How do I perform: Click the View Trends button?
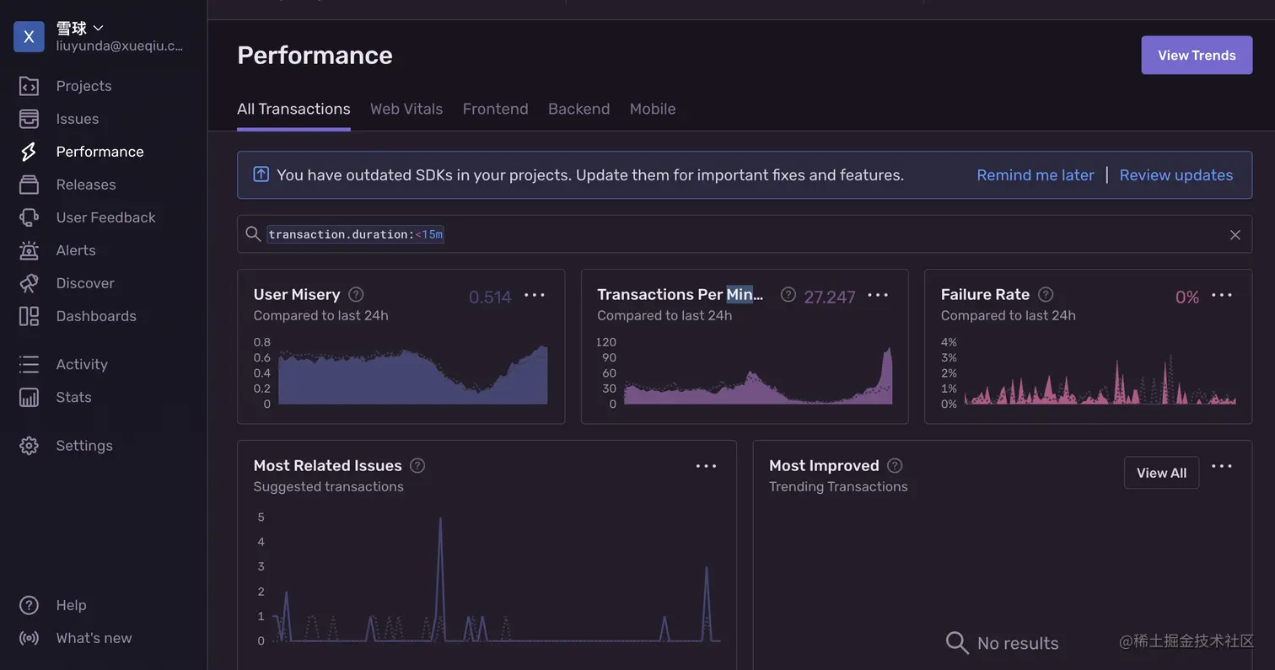pyautogui.click(x=1196, y=56)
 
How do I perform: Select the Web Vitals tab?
pyautogui.click(x=406, y=109)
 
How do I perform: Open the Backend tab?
pyautogui.click(x=578, y=109)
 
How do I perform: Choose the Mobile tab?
pyautogui.click(x=652, y=109)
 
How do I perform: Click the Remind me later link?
pyautogui.click(x=1035, y=175)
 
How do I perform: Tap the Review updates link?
pyautogui.click(x=1175, y=175)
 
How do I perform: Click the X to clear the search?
pyautogui.click(x=1235, y=235)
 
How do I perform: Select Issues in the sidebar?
pyautogui.click(x=77, y=119)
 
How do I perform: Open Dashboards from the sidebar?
pyautogui.click(x=95, y=316)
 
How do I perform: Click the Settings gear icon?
pyautogui.click(x=29, y=446)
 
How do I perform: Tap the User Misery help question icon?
pyautogui.click(x=356, y=294)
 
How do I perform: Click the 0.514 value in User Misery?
pyautogui.click(x=490, y=297)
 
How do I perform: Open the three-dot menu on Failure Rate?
pyautogui.click(x=1222, y=295)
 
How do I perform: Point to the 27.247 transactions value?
pyautogui.click(x=829, y=297)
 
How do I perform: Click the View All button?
pyautogui.click(x=1161, y=473)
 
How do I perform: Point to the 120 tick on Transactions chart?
pyautogui.click(x=605, y=342)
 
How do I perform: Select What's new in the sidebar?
pyautogui.click(x=94, y=638)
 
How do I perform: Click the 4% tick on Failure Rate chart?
pyautogui.click(x=949, y=342)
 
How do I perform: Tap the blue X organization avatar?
pyautogui.click(x=29, y=36)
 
